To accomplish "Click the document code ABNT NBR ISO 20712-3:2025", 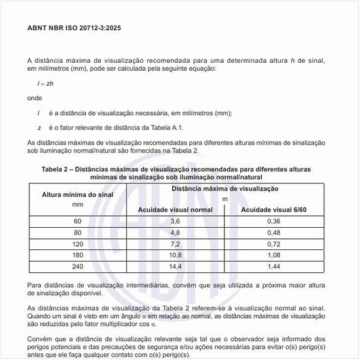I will (74, 29).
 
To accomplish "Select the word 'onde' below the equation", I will (35, 98).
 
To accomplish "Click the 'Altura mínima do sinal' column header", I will (78, 194).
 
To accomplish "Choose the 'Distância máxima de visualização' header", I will (225, 189).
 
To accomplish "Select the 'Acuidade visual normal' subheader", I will (175, 209).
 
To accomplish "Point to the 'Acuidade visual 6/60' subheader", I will (274, 209).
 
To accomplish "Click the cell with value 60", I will (78, 221).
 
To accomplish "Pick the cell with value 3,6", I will (175, 221).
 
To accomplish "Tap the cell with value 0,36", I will (274, 221).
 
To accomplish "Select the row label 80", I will (78, 232).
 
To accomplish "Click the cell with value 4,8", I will (175, 232).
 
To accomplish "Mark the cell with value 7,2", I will (175, 244).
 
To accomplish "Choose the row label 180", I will (78, 255).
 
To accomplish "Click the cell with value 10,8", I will (175, 255).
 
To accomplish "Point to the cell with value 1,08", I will (274, 255).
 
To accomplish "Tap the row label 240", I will (78, 267).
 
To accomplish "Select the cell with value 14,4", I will (175, 267).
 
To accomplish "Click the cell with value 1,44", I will (274, 267).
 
